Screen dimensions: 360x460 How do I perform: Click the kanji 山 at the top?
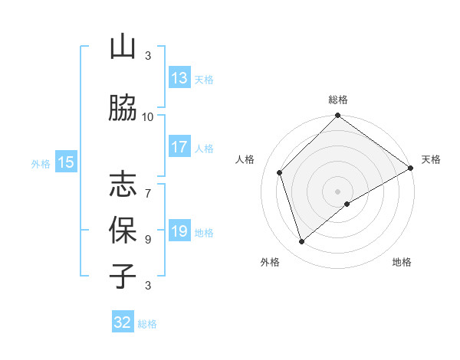coord(123,47)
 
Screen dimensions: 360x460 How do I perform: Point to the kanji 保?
coord(123,230)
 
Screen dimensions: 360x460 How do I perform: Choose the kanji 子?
coord(123,276)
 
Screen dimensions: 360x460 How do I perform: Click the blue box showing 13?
coord(179,78)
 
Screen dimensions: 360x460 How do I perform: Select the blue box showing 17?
coord(179,147)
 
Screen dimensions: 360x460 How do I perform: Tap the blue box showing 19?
coord(179,231)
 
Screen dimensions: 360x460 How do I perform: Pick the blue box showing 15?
coord(65,162)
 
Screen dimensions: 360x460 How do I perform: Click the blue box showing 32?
coord(123,322)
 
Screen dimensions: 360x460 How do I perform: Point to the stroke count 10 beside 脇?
coord(148,116)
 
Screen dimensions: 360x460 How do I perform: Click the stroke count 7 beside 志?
coord(148,186)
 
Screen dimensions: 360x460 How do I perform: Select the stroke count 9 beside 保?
coord(148,239)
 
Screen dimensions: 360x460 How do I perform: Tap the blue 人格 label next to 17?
coord(204,148)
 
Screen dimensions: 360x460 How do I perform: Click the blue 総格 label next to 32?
coord(147,324)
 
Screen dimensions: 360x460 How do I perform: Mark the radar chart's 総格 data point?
coord(337,116)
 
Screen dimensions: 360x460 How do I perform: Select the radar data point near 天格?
coord(411,169)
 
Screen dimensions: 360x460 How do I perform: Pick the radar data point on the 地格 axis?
coord(347,204)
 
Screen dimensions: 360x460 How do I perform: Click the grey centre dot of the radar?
coord(337,191)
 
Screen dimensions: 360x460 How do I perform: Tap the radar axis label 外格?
coord(270,262)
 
